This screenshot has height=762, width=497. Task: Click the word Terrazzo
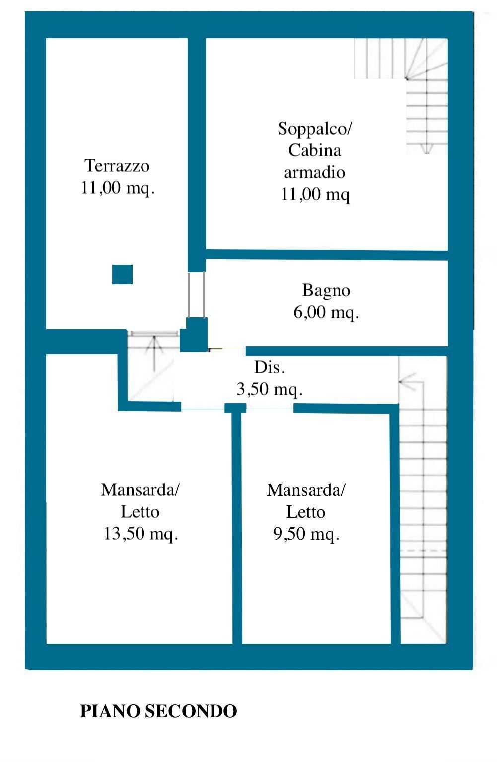pos(117,166)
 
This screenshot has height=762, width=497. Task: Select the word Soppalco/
pos(315,129)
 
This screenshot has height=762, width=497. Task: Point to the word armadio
pos(315,172)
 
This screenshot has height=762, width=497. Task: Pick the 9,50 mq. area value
pos(306,534)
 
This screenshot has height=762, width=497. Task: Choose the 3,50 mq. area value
pos(270,389)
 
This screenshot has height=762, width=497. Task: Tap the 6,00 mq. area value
pos(326,312)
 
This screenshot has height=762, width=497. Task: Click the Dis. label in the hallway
pos(270,367)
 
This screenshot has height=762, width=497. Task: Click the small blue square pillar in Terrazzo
pos(122,274)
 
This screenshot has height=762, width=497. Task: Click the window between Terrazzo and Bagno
pos(197,294)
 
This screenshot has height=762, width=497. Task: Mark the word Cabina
pos(315,150)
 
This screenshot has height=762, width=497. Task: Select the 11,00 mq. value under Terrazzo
pos(117,188)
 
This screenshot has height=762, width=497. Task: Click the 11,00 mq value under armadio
pos(315,194)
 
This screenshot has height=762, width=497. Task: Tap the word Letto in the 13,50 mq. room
pos(140,512)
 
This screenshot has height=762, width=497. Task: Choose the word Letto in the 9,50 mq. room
pos(306,512)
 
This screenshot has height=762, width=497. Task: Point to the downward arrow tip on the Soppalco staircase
pos(426,153)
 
